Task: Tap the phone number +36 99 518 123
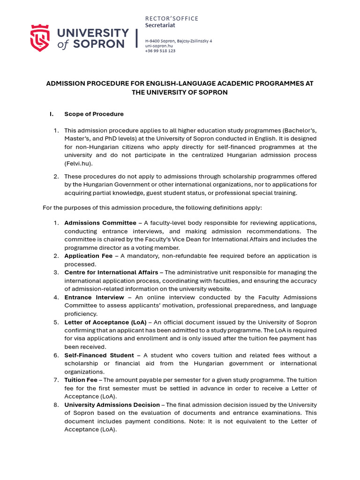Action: coord(160,51)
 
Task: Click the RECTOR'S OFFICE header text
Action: coord(172,18)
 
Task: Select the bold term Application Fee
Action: coord(88,256)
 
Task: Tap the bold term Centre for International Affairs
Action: coord(111,272)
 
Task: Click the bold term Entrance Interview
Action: coord(94,297)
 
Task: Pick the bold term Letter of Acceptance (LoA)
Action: coord(105,322)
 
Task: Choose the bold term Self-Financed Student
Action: coord(99,355)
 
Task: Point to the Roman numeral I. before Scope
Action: coord(52,114)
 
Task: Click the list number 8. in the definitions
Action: coord(56,405)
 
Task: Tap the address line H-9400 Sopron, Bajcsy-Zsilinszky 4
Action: coord(178,41)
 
